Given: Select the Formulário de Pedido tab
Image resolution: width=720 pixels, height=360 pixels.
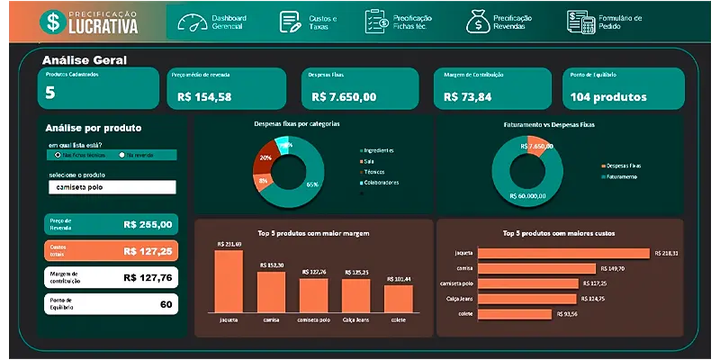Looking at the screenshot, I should coord(605,22).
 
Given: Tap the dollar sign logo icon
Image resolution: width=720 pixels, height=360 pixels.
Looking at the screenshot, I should coord(54,21).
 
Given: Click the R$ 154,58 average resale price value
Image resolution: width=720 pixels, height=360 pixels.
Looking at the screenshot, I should coord(204,96).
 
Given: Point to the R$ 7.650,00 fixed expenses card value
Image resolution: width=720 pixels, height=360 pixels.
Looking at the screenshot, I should coord(344,96).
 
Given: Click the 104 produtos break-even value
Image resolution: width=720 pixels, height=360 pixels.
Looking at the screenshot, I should coord(608,96).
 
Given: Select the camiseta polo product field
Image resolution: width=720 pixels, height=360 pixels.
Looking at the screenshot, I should coord(112,187).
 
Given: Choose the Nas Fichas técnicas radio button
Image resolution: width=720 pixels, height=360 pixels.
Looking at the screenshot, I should coord(58,155).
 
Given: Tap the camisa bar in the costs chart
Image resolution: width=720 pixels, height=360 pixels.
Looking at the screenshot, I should coord(537,268).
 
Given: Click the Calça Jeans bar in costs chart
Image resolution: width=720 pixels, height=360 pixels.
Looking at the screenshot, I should coord(528,298).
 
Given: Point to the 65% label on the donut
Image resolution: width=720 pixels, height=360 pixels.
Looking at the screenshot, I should coord(312,184).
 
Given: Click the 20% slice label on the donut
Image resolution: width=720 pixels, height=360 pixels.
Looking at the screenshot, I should coord(265,157).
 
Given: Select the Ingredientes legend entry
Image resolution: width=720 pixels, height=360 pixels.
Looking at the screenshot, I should coord(379,149).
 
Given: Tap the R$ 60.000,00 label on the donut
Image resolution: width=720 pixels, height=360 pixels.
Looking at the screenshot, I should coord(527,194).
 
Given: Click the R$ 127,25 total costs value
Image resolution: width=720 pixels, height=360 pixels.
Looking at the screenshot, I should coord(148,251).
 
